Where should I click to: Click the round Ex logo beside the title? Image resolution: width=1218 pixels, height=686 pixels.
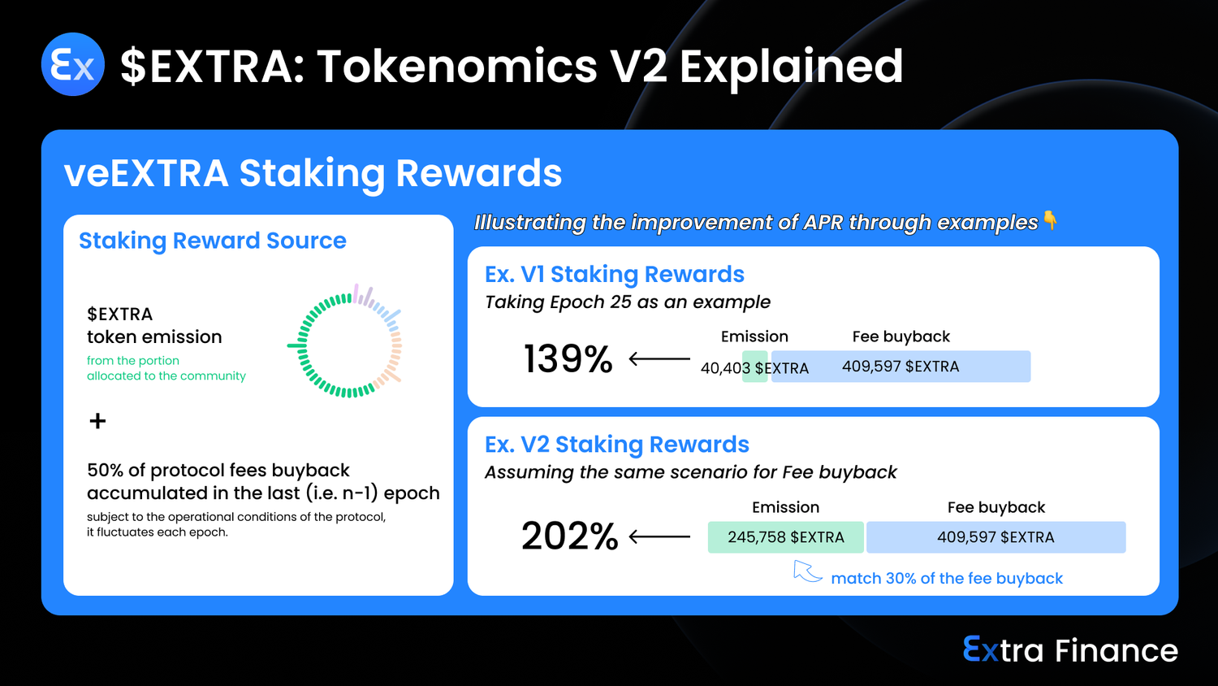click(73, 64)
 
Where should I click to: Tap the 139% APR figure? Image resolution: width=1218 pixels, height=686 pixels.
click(568, 359)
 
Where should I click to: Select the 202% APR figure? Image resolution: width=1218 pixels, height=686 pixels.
click(569, 536)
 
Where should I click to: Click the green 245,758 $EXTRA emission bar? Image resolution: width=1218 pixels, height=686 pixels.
click(786, 537)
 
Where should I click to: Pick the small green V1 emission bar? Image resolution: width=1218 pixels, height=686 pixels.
click(754, 367)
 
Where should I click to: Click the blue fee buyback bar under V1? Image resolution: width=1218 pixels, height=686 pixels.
click(901, 367)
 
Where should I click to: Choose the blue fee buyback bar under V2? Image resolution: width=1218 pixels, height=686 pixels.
click(996, 537)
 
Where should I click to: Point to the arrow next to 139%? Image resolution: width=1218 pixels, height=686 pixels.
click(659, 358)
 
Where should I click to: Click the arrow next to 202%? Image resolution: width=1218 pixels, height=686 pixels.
click(659, 536)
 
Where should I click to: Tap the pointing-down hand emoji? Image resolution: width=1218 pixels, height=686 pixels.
click(1050, 220)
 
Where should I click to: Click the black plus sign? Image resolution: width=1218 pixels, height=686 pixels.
click(98, 421)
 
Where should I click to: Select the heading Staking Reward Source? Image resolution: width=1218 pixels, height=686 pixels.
click(213, 241)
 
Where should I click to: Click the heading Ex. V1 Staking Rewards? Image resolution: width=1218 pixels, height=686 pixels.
click(615, 275)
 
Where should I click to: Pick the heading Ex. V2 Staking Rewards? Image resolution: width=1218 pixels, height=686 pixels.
click(617, 445)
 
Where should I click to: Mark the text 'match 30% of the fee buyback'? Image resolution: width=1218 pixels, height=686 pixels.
click(947, 578)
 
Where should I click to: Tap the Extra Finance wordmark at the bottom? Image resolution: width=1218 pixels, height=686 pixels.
click(1070, 650)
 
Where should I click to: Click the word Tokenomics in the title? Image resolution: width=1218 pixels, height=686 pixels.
click(458, 67)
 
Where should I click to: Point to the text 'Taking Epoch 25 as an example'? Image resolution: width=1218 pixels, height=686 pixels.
click(628, 302)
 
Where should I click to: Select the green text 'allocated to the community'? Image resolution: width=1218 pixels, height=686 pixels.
click(166, 376)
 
